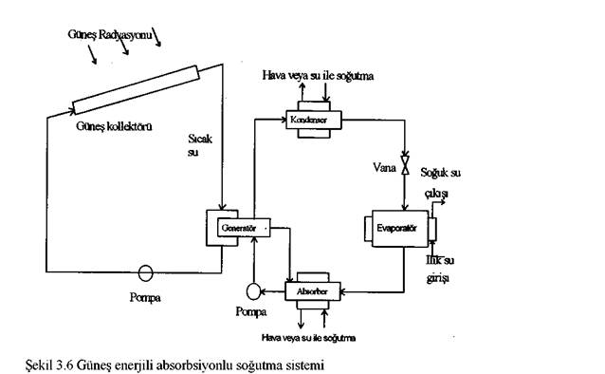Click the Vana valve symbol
point(406,168)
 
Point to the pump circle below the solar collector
point(145,272)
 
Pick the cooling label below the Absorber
point(309,334)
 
